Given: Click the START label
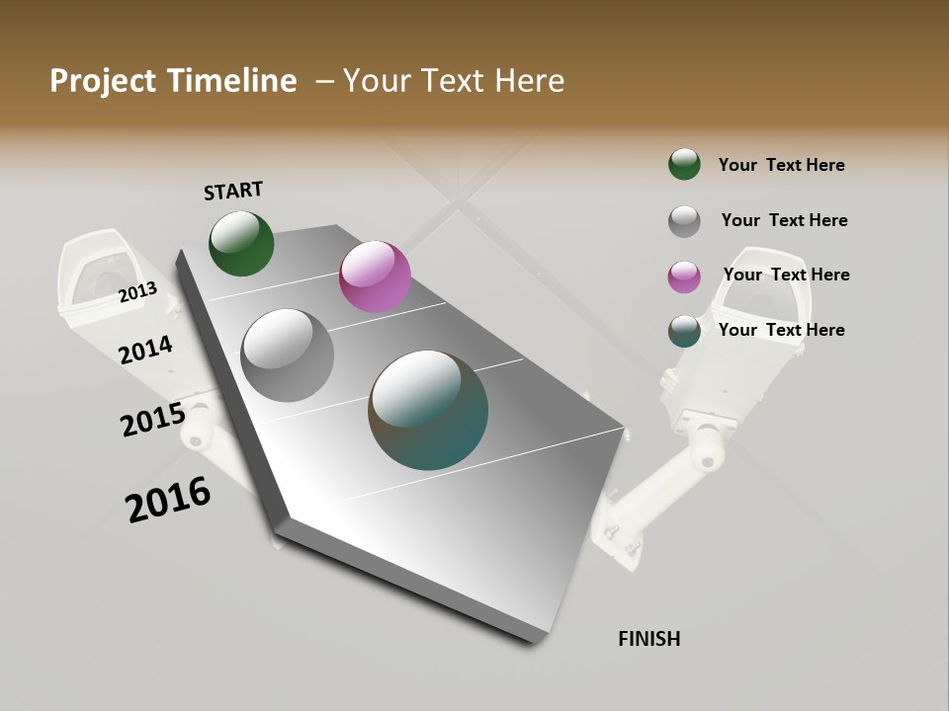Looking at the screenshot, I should point(233,191).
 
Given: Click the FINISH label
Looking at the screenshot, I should point(648,639).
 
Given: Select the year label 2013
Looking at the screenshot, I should point(137,291).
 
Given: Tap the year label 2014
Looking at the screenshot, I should point(145,350).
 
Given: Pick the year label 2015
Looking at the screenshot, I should point(152,419).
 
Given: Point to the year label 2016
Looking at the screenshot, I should point(168,500).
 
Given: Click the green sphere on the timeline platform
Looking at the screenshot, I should point(241,243).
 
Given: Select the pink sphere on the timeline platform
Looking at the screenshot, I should point(375,276).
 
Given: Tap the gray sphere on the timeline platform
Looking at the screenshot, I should point(288,355).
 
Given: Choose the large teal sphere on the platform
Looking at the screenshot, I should point(428,410).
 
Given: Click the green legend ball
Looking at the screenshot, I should point(684,164).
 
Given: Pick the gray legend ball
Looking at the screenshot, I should point(684,221).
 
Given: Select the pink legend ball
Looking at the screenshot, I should point(684,276).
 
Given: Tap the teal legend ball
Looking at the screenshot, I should point(684,331).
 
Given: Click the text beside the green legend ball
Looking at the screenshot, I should point(781,165).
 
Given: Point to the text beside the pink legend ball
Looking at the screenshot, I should point(786,275).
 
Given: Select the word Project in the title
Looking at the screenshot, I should point(103,81).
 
